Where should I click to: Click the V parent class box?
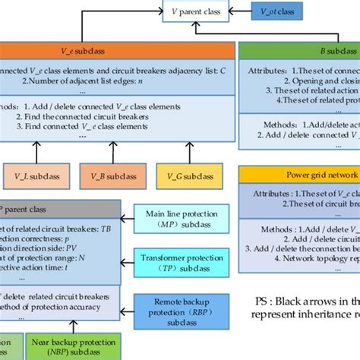[x=196, y=12]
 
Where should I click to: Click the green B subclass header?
[x=299, y=50]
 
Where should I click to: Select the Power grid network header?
[x=299, y=175]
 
